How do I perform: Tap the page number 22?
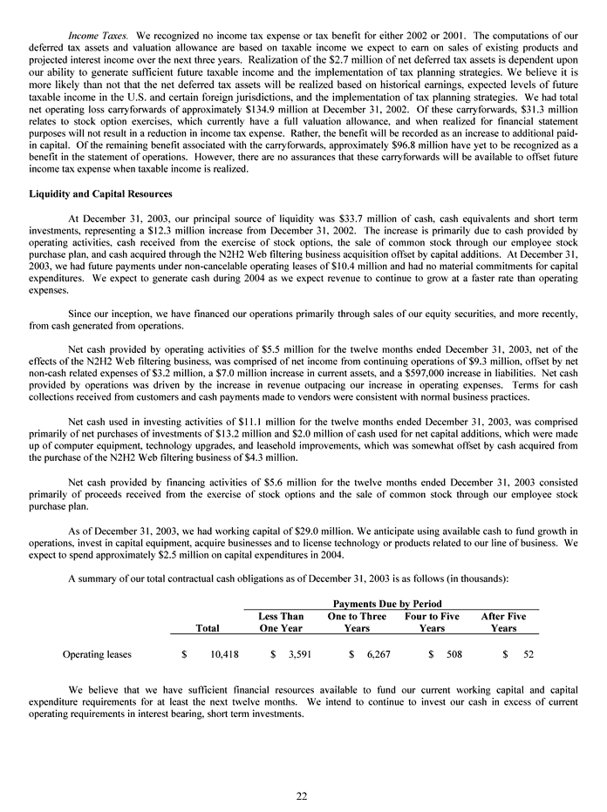(x=302, y=795)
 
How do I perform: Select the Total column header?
(x=208, y=627)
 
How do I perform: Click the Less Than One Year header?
(x=281, y=622)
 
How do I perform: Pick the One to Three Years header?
(x=357, y=622)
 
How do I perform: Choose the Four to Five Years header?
(x=432, y=622)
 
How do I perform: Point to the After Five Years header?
(x=504, y=622)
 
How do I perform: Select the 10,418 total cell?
(x=224, y=652)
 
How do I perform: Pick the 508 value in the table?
(x=453, y=652)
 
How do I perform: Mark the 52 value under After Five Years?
(x=526, y=652)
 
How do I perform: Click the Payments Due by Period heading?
(x=389, y=604)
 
